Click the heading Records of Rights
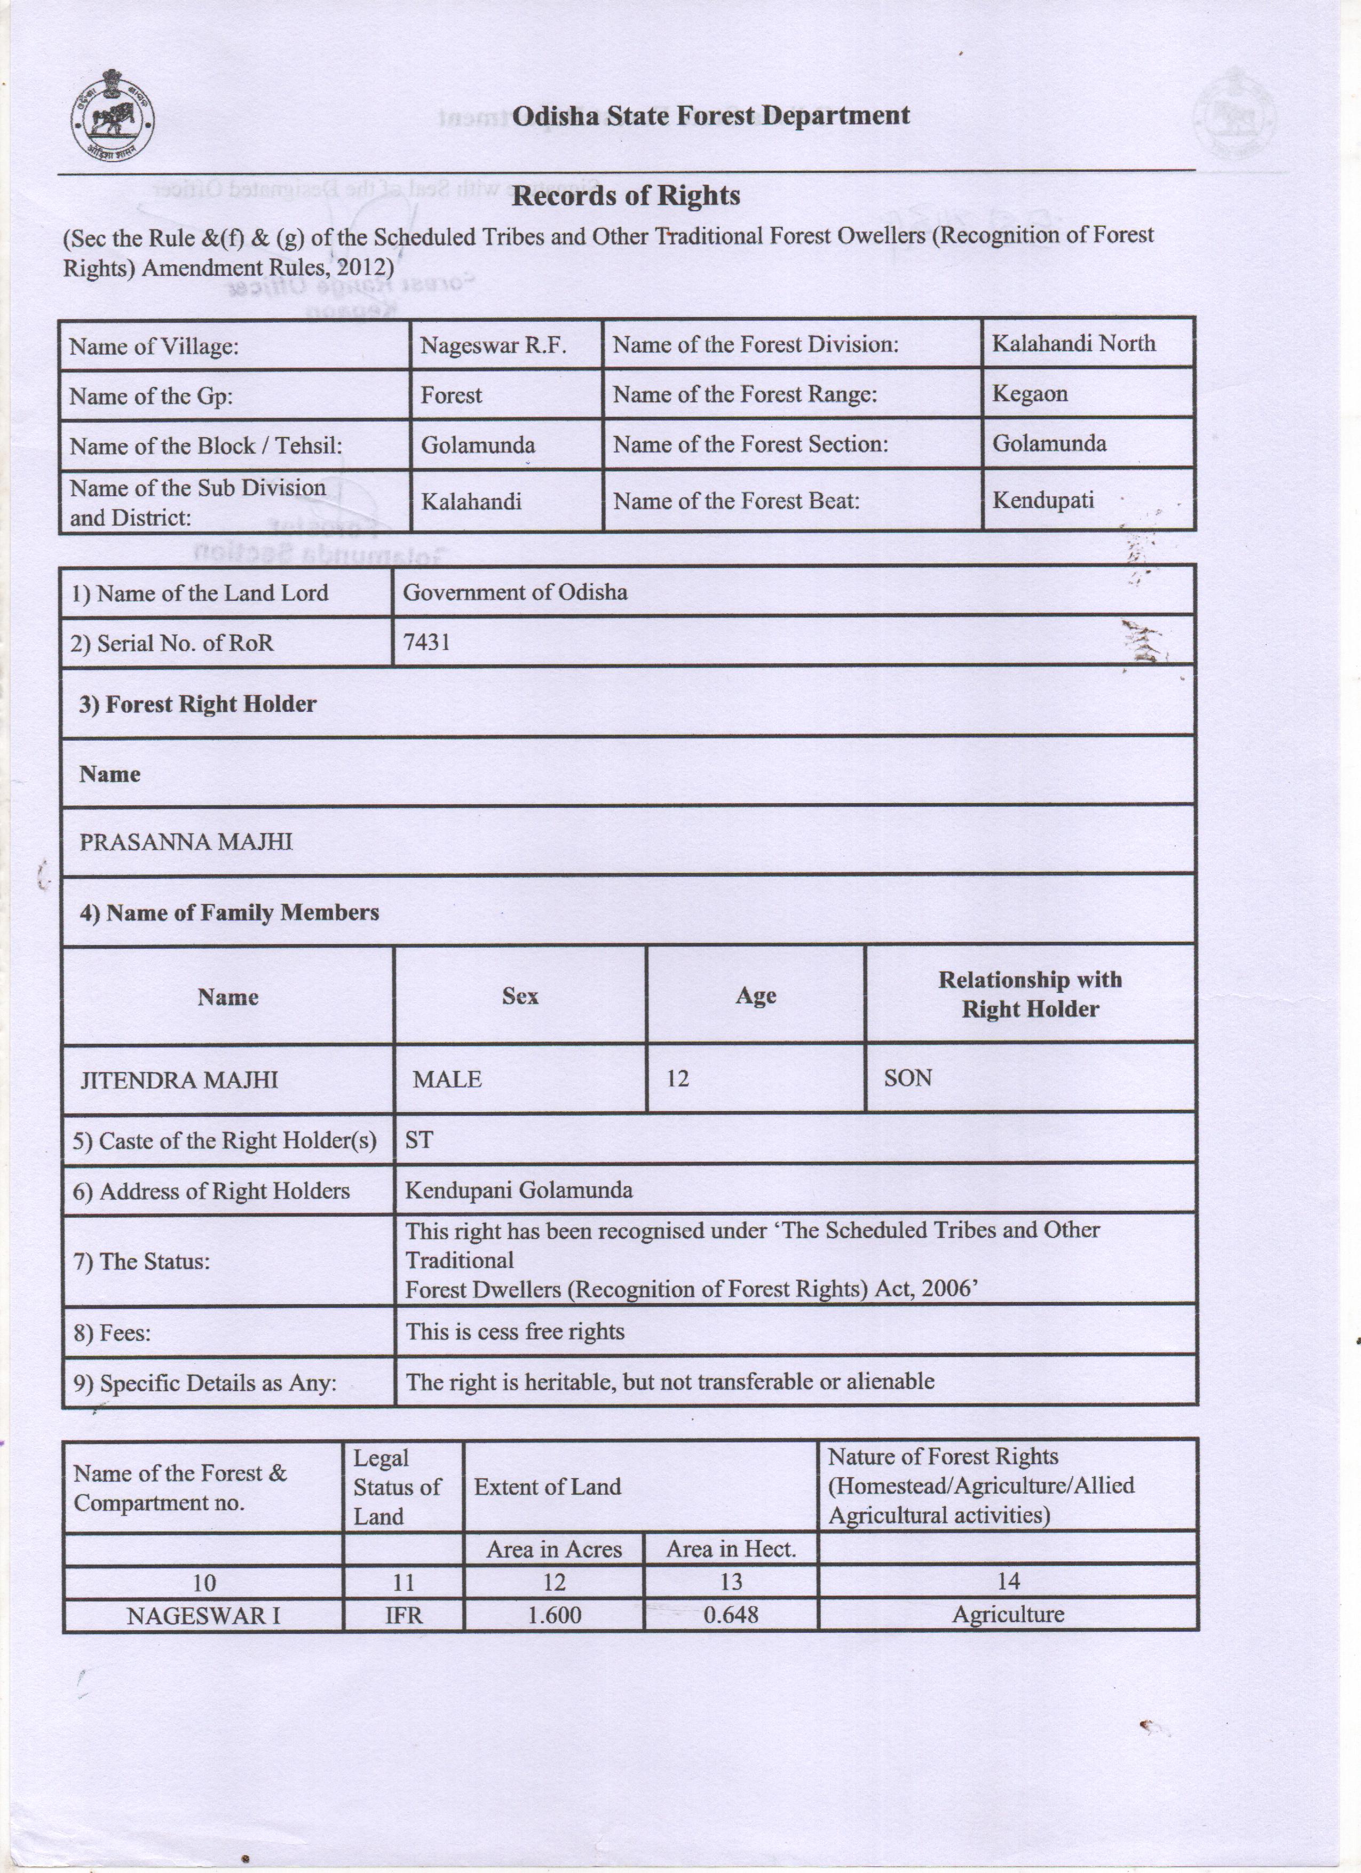coord(626,196)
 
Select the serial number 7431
coord(427,641)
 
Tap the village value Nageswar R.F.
coord(493,345)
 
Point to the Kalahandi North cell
coord(1074,344)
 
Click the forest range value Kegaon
coord(1030,394)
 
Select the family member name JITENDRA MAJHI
coord(179,1080)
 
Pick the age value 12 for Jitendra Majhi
coord(677,1078)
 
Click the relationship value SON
coord(908,1078)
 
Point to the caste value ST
coord(418,1140)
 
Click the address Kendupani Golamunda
coord(519,1190)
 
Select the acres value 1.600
coord(554,1615)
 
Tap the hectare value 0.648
coord(731,1615)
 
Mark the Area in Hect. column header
coord(731,1549)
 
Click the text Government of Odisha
coord(515,592)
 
